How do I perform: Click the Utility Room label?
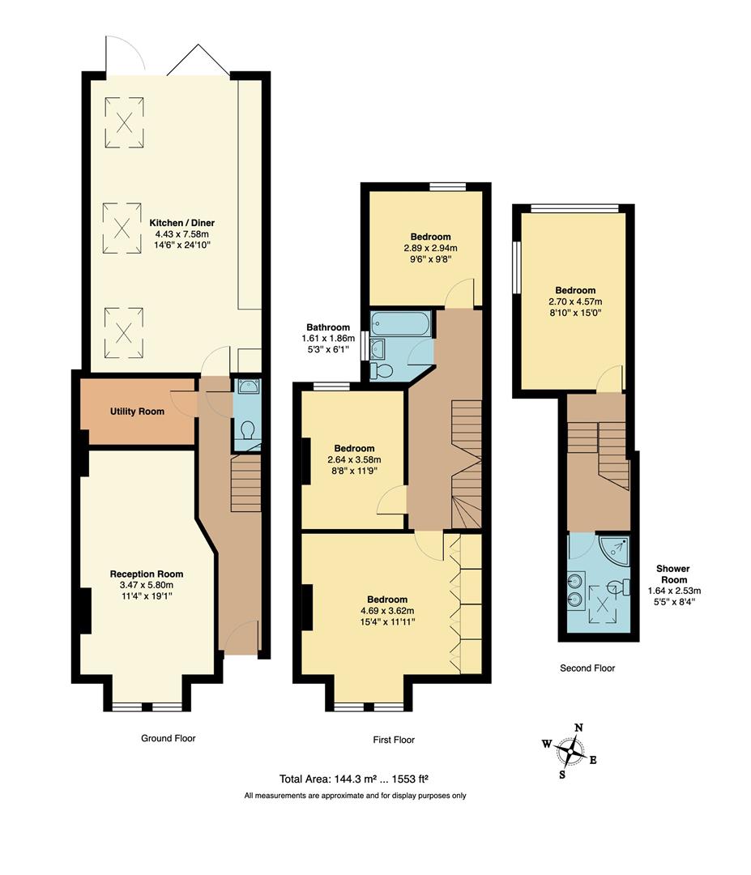pos(137,412)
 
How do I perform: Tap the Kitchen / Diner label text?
pos(181,222)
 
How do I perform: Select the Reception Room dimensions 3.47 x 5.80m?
pos(142,584)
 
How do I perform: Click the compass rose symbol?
pos(572,750)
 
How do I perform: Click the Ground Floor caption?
pos(168,738)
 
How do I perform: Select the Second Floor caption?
pos(587,668)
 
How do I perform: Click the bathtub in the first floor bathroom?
pos(401,324)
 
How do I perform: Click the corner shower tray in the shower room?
pos(617,550)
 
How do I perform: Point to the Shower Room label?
pos(672,574)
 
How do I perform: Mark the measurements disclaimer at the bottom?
pos(355,796)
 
